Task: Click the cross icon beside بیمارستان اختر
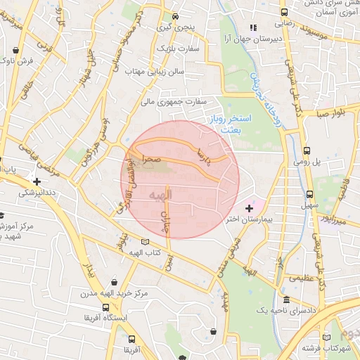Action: (248, 208)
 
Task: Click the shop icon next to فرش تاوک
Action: (16, 51)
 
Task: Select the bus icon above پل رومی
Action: (307, 150)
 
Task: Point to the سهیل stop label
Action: (309, 206)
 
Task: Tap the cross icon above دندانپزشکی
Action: (36, 181)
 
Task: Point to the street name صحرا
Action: (153, 160)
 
